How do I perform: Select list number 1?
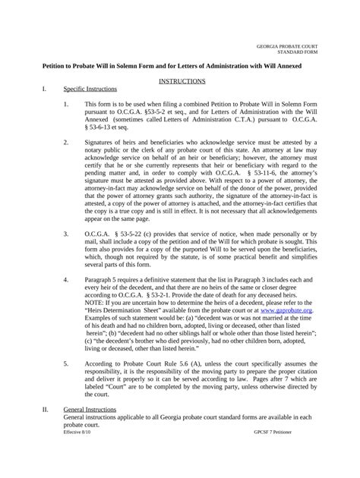point(66,103)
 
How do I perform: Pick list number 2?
point(66,141)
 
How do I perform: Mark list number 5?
point(66,364)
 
